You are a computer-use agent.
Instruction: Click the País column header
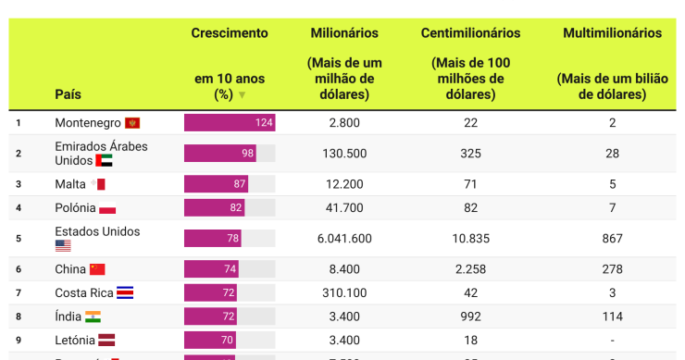tap(68, 93)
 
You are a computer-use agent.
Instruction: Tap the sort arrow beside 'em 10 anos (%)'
tap(243, 94)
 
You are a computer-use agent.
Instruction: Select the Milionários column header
tap(343, 33)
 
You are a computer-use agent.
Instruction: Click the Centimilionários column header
tap(470, 33)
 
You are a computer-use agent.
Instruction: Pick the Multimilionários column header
tap(612, 33)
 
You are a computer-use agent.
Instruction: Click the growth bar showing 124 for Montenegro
tap(230, 122)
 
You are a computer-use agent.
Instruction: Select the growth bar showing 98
tap(220, 153)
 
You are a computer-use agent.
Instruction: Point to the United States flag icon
tap(63, 246)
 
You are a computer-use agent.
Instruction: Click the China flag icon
tap(97, 269)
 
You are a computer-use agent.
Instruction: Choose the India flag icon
tap(93, 317)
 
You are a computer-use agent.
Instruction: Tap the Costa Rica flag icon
tap(125, 292)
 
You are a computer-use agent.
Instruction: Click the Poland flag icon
tap(107, 208)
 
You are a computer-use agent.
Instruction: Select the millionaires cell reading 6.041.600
tap(343, 239)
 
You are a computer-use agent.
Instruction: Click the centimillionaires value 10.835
tap(470, 239)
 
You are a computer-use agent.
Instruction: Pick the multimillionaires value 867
tap(612, 239)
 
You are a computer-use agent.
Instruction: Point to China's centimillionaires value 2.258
tap(470, 269)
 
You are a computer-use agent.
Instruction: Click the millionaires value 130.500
tap(343, 153)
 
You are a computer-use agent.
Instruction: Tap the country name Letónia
tap(75, 340)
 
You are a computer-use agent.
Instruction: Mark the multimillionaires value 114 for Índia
tap(612, 317)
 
